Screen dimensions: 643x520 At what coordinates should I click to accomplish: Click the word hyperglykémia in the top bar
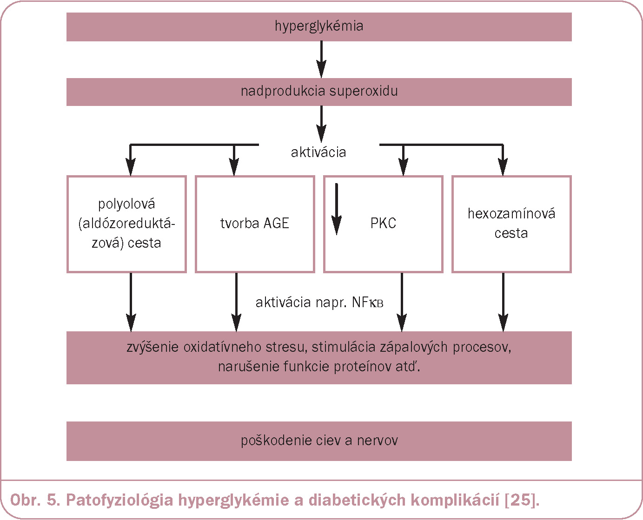point(319,26)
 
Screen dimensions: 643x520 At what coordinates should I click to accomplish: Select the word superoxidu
point(364,92)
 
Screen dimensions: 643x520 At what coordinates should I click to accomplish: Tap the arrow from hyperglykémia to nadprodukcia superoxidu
point(321,59)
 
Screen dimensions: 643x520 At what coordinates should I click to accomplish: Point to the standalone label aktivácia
point(318,152)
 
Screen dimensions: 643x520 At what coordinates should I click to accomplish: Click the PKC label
point(383,223)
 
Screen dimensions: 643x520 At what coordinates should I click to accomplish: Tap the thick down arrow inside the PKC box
point(336,209)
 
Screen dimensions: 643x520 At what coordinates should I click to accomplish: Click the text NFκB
point(367,302)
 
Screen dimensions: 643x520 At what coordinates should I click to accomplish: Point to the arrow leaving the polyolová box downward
point(131,302)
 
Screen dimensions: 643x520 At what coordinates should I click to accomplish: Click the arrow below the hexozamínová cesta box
point(503,302)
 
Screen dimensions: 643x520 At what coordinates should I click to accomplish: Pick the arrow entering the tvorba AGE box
point(234,160)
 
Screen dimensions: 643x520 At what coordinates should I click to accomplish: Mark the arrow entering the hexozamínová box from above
point(503,160)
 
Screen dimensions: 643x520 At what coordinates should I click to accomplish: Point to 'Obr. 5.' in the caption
point(35,500)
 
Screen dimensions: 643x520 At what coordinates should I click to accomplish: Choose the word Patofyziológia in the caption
point(119,500)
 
